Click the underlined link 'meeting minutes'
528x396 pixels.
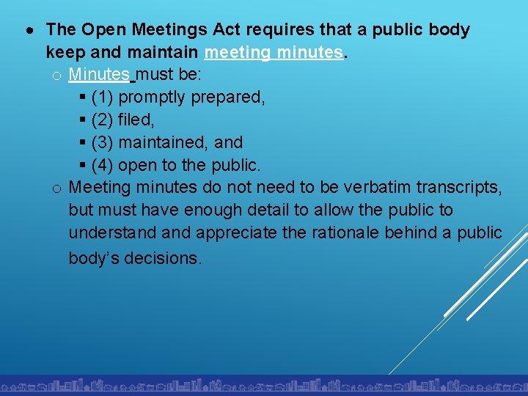(x=274, y=53)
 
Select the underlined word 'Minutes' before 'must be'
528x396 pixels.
(x=99, y=75)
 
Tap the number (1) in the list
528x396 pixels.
(x=103, y=98)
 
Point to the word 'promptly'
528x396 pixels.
(x=152, y=98)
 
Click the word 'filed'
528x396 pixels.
(x=136, y=120)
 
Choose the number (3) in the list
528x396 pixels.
(x=103, y=142)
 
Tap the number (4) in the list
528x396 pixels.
(x=103, y=164)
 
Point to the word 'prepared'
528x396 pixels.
(x=227, y=98)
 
